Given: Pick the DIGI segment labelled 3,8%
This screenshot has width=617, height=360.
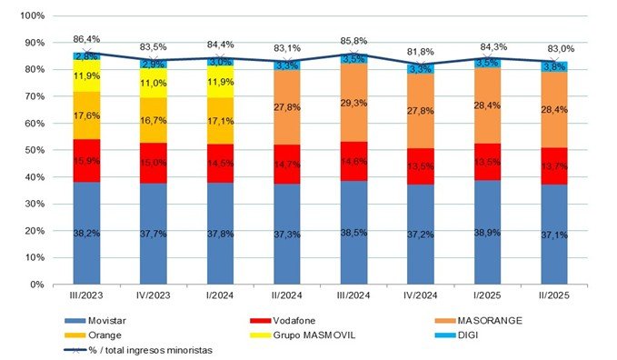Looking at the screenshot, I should tap(554, 66).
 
